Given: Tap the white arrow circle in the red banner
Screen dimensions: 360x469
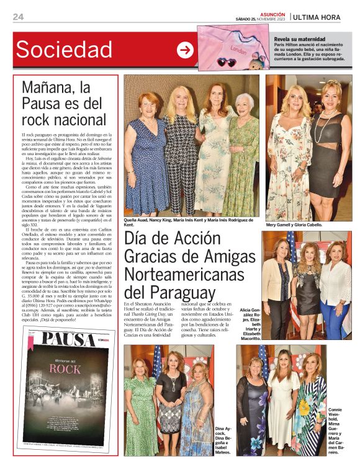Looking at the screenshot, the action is (x=185, y=50).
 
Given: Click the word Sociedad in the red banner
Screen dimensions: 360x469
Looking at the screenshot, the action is (x=64, y=50).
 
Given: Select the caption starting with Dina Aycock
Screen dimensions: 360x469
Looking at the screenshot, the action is (x=224, y=440).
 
